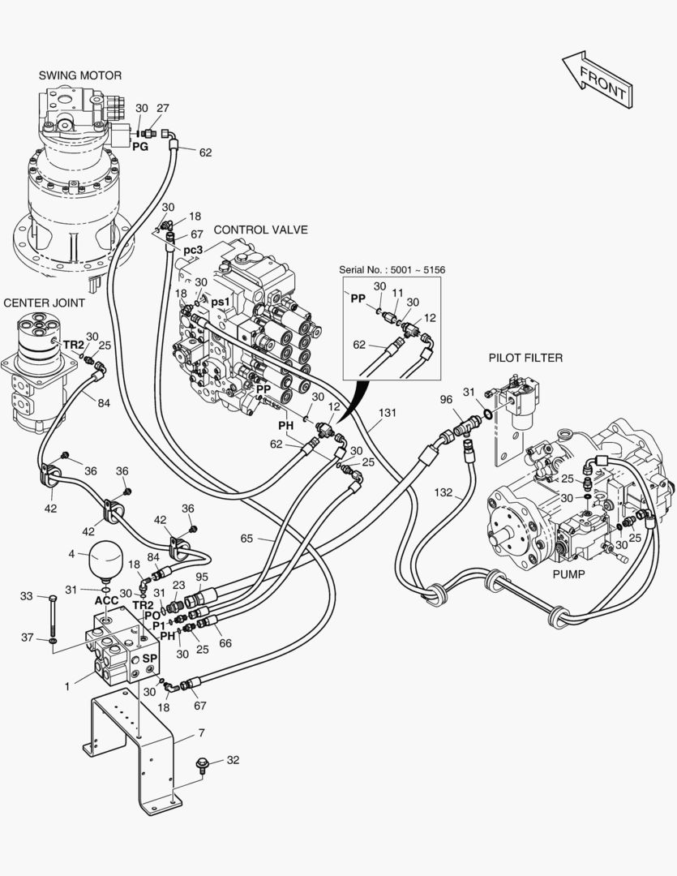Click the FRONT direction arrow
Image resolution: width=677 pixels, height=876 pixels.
[x=597, y=79]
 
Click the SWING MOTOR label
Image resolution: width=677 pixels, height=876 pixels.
[x=79, y=75]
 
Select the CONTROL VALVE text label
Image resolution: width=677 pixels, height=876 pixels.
[x=260, y=230]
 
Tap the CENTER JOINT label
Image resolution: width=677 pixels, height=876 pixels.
[x=45, y=303]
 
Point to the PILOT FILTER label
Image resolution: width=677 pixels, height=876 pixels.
[x=525, y=357]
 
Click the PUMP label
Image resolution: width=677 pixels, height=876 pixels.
[x=568, y=573]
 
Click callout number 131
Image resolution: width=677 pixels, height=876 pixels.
[x=388, y=412]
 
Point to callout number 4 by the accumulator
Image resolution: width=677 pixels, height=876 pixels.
[x=72, y=553]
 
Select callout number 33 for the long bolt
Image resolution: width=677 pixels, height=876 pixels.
[x=26, y=596]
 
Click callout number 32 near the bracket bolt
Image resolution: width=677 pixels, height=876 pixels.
[x=233, y=760]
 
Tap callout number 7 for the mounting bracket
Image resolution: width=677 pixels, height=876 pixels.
[x=201, y=733]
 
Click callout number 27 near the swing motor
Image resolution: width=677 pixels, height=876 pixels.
[x=163, y=108]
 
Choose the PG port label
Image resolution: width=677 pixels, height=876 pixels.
[x=139, y=147]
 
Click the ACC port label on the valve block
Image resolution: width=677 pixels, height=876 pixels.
[x=107, y=601]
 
